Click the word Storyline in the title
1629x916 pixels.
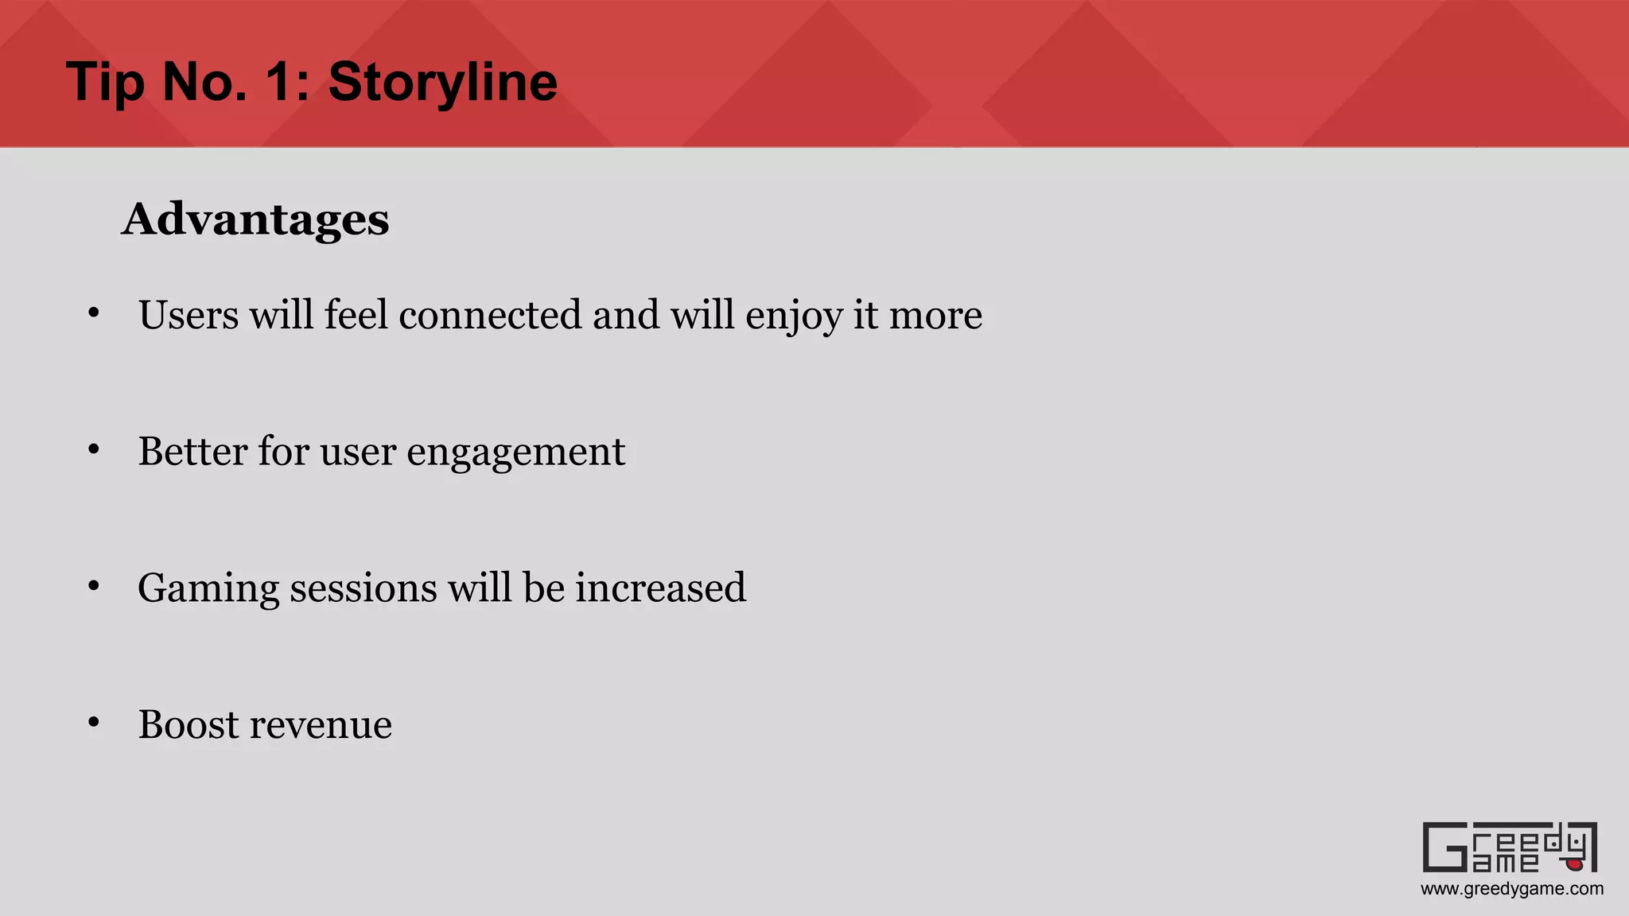point(442,83)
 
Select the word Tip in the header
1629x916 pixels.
point(105,83)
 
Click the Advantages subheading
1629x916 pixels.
point(255,219)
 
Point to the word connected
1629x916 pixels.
point(490,315)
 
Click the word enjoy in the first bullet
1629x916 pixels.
point(793,316)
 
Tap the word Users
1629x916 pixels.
point(189,315)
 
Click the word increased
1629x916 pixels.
point(660,588)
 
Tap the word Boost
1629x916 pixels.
point(189,724)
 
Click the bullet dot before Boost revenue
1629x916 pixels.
point(94,723)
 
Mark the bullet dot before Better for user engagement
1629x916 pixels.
point(94,449)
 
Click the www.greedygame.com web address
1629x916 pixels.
point(1511,889)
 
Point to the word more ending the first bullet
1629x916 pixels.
point(935,316)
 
